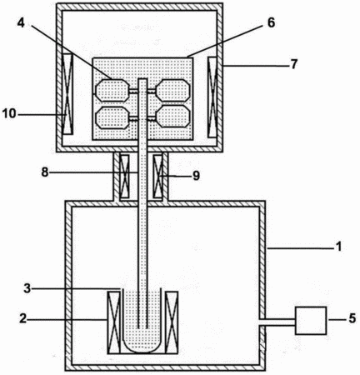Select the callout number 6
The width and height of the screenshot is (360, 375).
[271, 23]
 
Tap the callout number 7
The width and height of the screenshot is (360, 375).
[294, 64]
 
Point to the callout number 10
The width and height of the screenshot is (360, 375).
[9, 113]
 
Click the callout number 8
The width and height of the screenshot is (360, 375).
[45, 172]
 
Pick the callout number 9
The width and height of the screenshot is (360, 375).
[196, 176]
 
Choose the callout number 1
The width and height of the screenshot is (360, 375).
[338, 247]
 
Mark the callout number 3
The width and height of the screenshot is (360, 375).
[27, 288]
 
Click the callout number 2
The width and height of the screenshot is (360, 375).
[23, 318]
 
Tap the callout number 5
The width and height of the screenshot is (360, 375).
[352, 318]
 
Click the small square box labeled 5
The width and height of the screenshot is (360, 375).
[311, 320]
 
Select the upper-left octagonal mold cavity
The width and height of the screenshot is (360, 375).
[112, 91]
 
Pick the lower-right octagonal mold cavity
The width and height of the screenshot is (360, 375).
[173, 117]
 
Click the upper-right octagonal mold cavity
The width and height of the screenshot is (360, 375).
[173, 91]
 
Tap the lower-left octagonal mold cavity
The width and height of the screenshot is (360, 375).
[112, 117]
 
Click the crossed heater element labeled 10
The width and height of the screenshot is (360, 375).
[68, 94]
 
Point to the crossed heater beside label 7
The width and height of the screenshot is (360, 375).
[212, 97]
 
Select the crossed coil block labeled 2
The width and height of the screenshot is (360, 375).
[114, 322]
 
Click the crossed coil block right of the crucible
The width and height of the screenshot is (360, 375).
[172, 322]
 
